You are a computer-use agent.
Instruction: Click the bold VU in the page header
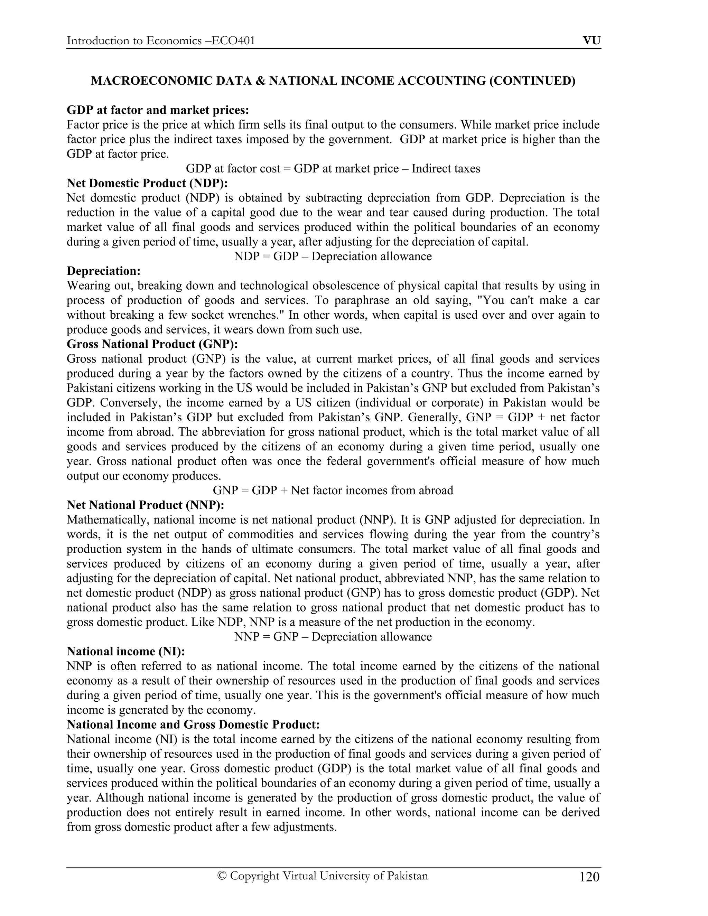tap(591, 41)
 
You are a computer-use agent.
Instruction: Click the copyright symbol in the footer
tap(222, 876)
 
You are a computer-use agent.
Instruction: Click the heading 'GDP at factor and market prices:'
tap(158, 110)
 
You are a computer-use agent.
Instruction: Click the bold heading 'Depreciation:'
tap(104, 271)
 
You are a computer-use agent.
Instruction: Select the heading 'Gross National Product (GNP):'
tap(152, 344)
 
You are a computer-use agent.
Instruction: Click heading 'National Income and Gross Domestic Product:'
tap(193, 724)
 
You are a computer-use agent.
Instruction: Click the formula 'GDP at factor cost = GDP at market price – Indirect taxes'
tap(333, 169)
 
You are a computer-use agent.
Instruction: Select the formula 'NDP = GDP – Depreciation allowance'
tap(333, 256)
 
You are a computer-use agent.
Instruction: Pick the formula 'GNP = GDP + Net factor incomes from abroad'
tap(333, 490)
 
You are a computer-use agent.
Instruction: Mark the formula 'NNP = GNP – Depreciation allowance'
tap(333, 637)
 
